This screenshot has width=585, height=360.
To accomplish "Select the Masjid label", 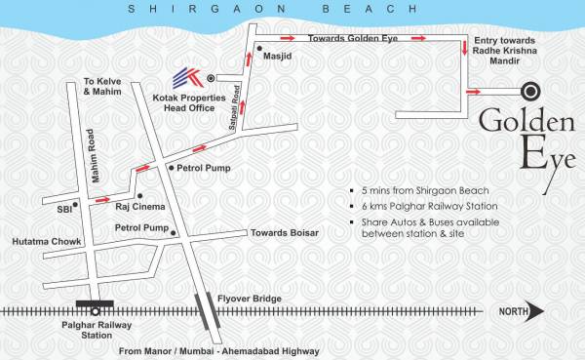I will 278,57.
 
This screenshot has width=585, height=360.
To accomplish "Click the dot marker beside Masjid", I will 258,46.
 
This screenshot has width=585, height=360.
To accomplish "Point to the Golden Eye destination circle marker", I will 532,92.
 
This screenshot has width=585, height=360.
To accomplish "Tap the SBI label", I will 62,208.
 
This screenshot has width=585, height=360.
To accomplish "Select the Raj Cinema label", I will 135,208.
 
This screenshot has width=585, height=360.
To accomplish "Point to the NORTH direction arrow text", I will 518,312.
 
